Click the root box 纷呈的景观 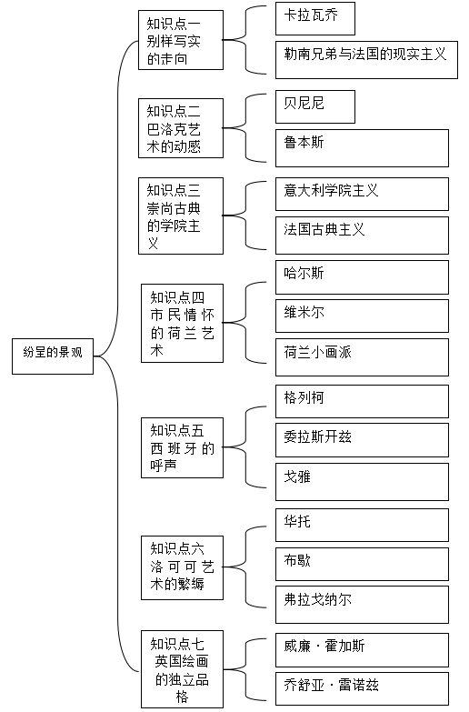[53, 356]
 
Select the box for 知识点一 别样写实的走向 [181, 40]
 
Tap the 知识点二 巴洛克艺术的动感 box [181, 128]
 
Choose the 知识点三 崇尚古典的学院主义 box [181, 216]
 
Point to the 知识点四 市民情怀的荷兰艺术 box [182, 324]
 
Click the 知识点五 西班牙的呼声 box [182, 447]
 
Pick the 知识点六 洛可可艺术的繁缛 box [182, 567]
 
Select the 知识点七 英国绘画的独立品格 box [182, 669]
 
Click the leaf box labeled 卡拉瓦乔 [315, 18]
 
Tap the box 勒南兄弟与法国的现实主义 [366, 60]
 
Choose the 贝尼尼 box [315, 106]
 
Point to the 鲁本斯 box [362, 148]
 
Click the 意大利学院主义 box [362, 194]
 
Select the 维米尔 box [362, 316]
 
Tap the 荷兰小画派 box [362, 357]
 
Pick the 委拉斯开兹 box [362, 440]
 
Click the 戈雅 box [362, 482]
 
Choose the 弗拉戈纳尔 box [362, 605]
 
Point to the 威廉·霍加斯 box [362, 650]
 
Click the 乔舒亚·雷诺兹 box [362, 689]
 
